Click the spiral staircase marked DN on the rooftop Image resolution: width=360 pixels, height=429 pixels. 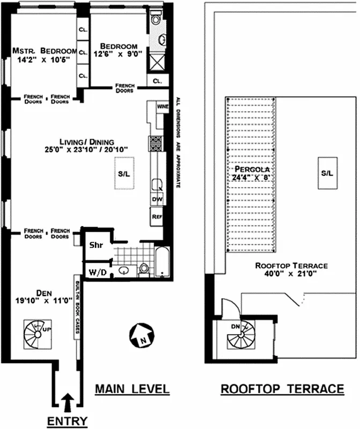(x=241, y=337)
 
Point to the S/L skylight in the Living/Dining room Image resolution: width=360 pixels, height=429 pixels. (x=124, y=174)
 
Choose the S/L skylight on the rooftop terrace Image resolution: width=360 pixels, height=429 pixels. (x=327, y=173)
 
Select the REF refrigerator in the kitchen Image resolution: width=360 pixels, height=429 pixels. (x=158, y=217)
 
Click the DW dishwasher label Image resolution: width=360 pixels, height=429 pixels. (x=158, y=199)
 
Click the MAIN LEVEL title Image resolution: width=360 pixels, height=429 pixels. (x=132, y=389)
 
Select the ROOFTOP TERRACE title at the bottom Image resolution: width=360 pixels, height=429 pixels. (x=282, y=389)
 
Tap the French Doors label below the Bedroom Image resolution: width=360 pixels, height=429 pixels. (x=124, y=88)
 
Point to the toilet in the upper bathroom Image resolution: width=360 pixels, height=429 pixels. (x=155, y=20)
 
